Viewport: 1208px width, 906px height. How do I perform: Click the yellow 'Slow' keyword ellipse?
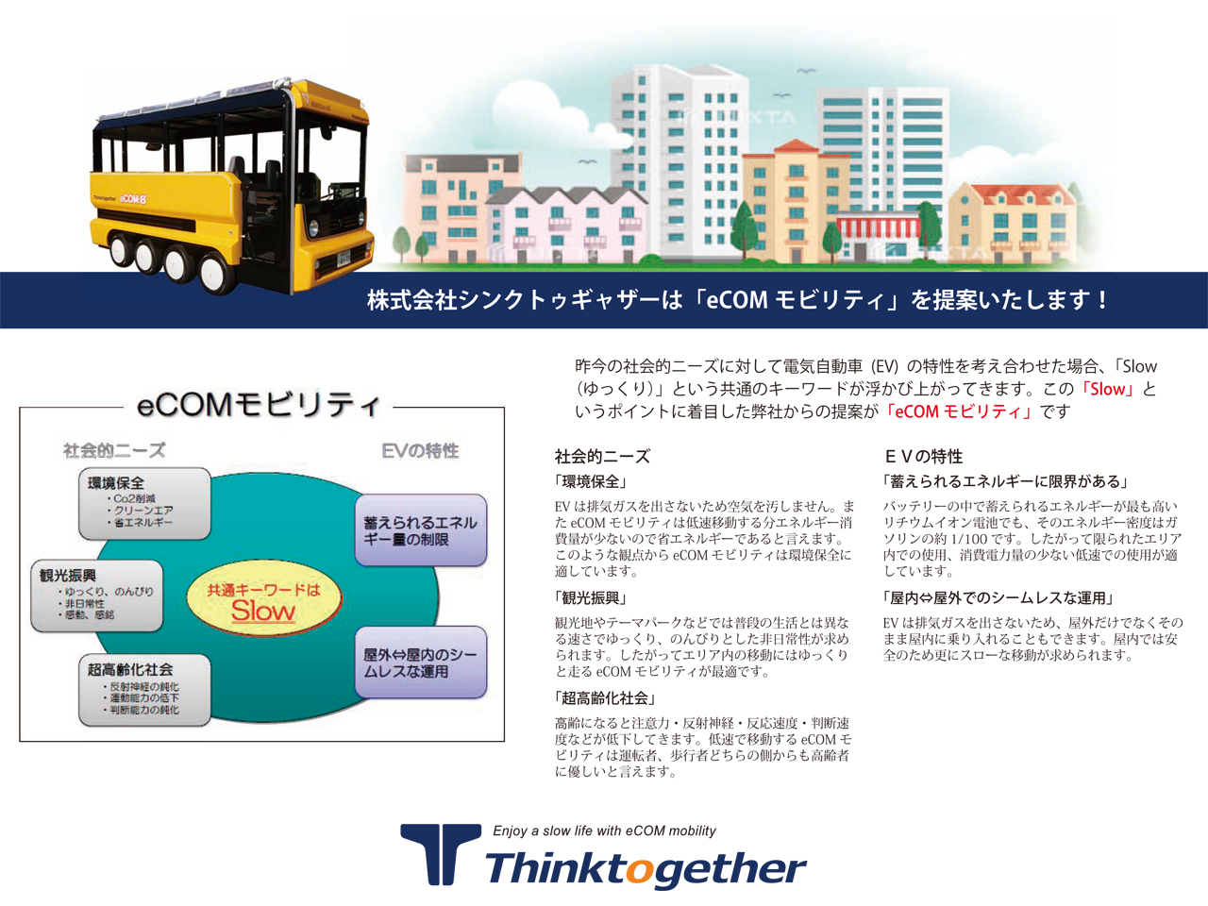click(x=263, y=598)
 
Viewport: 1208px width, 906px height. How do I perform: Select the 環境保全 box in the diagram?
click(x=144, y=503)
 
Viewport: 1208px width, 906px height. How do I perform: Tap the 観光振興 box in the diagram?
click(x=97, y=596)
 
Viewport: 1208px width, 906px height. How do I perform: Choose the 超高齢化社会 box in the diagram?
click(x=144, y=690)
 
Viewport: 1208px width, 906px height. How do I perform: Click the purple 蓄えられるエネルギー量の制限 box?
click(x=421, y=530)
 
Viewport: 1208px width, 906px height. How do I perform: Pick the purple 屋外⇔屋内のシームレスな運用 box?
click(x=421, y=663)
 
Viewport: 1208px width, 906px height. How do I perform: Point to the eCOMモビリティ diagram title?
click(x=258, y=406)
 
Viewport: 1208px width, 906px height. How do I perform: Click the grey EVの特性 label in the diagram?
click(x=420, y=451)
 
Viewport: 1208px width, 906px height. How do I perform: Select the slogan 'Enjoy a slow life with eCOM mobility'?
click(x=604, y=830)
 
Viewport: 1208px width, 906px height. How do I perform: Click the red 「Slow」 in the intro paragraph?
click(x=1107, y=390)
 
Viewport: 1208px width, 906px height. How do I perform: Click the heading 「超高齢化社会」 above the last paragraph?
click(x=605, y=698)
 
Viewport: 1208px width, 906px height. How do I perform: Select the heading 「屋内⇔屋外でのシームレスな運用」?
click(x=998, y=598)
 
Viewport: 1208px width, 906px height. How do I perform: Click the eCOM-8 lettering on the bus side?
click(x=134, y=198)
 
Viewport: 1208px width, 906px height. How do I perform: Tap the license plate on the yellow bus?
click(x=343, y=257)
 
